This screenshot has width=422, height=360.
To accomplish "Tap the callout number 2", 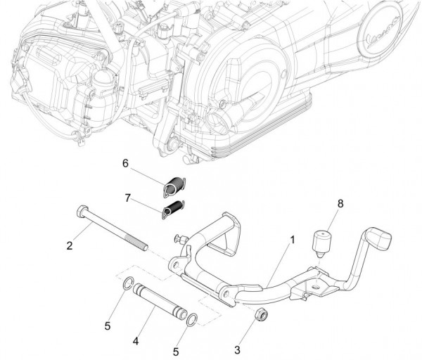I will coord(70,245).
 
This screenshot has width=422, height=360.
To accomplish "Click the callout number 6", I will coord(125,163).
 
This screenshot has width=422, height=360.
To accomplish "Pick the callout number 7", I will coord(128,199).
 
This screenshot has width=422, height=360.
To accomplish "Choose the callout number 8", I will coord(341,204).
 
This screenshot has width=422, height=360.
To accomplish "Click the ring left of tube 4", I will coord(126,285).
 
